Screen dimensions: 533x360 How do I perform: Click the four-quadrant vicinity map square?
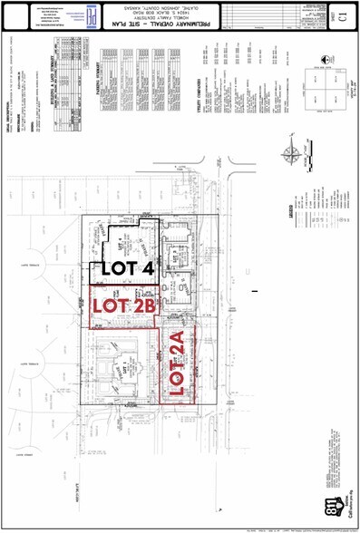coord(322,92)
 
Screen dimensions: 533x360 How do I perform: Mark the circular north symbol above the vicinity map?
coord(322,63)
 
